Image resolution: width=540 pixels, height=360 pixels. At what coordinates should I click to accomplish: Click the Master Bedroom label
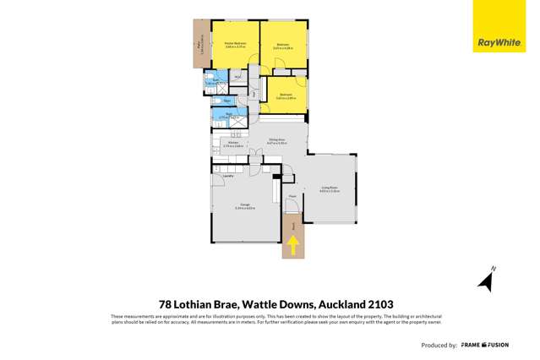pyautogui.click(x=234, y=45)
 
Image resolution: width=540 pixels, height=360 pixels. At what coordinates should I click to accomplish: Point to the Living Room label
pyautogui.click(x=330, y=189)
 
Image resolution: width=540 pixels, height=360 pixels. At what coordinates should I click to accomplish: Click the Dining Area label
pyautogui.click(x=275, y=142)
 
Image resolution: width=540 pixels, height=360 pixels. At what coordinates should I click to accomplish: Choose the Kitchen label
pyautogui.click(x=233, y=143)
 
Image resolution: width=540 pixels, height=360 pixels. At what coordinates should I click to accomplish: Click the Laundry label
pyautogui.click(x=228, y=176)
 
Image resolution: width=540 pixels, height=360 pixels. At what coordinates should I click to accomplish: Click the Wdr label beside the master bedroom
pyautogui.click(x=238, y=79)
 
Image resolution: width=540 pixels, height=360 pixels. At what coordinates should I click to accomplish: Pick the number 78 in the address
pyautogui.click(x=167, y=303)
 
